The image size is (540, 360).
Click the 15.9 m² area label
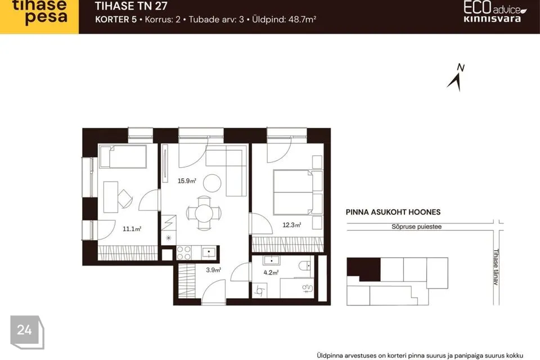[x=187, y=181]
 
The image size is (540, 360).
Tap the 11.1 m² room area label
[x=132, y=228]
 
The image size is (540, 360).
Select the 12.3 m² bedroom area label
[x=292, y=225]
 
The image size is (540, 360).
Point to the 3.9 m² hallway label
[x=213, y=270]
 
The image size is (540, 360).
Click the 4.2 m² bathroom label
[x=271, y=272]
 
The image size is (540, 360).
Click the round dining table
[x=204, y=213]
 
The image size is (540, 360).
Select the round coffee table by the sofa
[x=212, y=183]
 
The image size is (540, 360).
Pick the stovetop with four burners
[x=184, y=253]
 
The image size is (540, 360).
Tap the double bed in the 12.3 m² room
[x=298, y=192]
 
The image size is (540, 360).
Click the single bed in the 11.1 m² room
[x=123, y=156]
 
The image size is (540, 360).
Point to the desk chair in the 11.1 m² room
[x=125, y=199]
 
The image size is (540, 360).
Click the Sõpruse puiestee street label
[x=416, y=227]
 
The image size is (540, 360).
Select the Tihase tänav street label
[x=496, y=267]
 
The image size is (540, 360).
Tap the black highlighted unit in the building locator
[x=364, y=269]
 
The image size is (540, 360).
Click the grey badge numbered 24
[x=27, y=332]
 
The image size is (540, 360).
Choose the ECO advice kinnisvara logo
[x=494, y=12]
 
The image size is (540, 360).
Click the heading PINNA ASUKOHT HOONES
[x=393, y=212]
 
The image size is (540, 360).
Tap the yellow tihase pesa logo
[x=39, y=16]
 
